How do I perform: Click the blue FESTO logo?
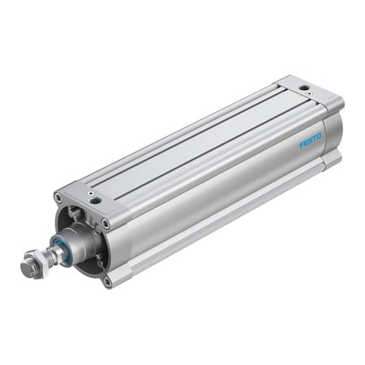(311, 140)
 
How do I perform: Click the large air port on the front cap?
(95, 198)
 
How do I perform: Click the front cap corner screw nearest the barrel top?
(105, 223)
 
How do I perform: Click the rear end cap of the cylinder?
(320, 122)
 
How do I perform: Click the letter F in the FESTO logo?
(302, 144)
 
